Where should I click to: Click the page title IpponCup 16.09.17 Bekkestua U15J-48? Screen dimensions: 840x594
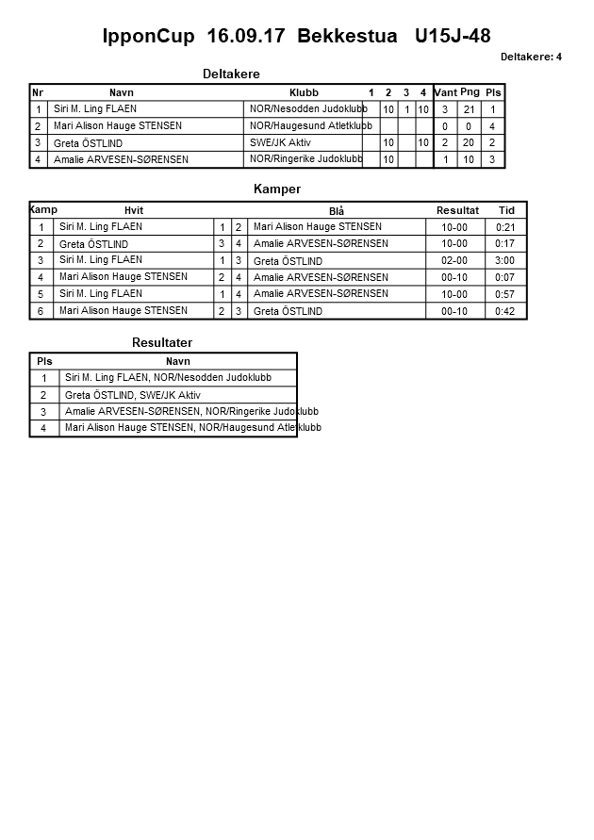click(x=296, y=37)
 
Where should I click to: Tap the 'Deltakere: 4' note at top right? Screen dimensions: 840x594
click(x=531, y=58)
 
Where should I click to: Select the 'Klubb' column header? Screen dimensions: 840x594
click(x=304, y=92)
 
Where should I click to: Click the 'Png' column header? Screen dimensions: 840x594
click(x=470, y=92)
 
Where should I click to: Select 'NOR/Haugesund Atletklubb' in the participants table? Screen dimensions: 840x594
click(x=310, y=125)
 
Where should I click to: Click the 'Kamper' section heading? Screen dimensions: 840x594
click(x=277, y=189)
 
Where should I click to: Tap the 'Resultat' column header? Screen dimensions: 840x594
click(x=457, y=210)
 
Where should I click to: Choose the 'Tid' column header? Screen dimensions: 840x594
click(x=506, y=210)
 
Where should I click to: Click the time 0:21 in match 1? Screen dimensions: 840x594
click(x=504, y=227)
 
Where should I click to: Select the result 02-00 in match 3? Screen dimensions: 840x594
click(x=454, y=261)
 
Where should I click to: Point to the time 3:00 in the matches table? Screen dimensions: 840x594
click(x=504, y=261)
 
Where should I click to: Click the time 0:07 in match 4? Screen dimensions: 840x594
click(x=504, y=277)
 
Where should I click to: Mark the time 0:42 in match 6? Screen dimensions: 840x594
click(x=504, y=311)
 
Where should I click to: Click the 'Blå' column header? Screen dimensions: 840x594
click(x=336, y=211)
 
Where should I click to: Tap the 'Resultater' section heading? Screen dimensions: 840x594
click(x=162, y=343)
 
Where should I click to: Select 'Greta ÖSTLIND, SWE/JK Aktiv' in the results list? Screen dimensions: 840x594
click(x=133, y=395)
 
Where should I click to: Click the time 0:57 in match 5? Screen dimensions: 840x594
click(x=504, y=294)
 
